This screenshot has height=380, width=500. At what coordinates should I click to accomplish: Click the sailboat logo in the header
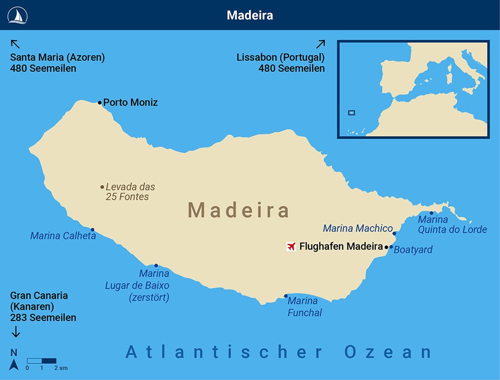[x=17, y=15]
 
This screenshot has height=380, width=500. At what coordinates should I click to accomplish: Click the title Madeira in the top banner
[x=250, y=15]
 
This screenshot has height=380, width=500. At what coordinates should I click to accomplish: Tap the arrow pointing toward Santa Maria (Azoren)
[x=15, y=43]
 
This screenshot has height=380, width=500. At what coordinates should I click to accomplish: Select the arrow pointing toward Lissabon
[x=320, y=44]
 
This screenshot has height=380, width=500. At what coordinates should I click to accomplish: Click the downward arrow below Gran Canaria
[x=15, y=331]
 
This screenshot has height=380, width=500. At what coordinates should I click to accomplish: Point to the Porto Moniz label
[x=130, y=102]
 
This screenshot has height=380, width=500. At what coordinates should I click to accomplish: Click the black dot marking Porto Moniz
[x=100, y=102]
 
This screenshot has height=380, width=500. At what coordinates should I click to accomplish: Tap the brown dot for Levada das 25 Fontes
[x=102, y=187]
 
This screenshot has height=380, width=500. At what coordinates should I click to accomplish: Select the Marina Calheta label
[x=63, y=235]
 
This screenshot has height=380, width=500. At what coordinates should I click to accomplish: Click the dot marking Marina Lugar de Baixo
[x=156, y=265]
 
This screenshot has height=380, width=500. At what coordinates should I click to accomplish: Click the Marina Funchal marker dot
[x=286, y=296]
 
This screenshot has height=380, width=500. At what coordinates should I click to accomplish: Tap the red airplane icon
[x=291, y=246]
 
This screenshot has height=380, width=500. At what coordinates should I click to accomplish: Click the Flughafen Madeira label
[x=341, y=246]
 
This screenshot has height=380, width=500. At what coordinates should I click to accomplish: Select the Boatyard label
[x=413, y=249]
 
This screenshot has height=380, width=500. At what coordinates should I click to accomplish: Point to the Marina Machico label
[x=358, y=228]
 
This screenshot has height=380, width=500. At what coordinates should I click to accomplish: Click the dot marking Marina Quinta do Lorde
[x=431, y=213]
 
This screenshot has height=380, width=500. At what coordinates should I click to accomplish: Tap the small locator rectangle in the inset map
[x=351, y=112]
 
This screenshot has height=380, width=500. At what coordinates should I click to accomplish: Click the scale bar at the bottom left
[x=41, y=360]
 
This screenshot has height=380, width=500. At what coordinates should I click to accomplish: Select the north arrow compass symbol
[x=14, y=365]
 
